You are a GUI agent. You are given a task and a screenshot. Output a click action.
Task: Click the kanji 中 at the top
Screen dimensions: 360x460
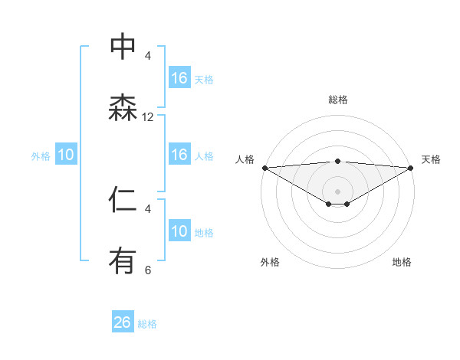[123, 46]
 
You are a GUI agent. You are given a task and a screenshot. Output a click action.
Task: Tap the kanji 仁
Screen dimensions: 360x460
[123, 200]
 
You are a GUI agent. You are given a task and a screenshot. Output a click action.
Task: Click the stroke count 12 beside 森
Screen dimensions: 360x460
[148, 117]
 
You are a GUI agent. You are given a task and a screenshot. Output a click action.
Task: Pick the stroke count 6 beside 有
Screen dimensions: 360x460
[148, 270]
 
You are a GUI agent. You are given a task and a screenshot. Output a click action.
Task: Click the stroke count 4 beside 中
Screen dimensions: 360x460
[148, 55]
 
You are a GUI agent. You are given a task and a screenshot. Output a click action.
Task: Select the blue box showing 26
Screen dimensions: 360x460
[123, 322]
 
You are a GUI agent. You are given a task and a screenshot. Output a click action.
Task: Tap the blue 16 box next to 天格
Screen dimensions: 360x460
[179, 77]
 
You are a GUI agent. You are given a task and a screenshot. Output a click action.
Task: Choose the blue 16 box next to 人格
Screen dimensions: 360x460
[179, 155]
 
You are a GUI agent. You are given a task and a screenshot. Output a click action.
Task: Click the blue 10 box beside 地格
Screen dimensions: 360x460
[179, 231]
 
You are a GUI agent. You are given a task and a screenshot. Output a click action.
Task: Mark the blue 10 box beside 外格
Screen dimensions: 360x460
[66, 155]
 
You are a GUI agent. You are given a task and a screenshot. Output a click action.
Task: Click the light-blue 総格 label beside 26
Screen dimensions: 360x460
[147, 324]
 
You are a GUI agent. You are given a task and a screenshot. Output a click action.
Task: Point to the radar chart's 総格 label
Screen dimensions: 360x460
[338, 100]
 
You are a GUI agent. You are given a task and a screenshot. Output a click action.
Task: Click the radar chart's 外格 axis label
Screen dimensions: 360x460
[270, 263]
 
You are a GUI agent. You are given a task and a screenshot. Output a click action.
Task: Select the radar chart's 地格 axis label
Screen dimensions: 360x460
[402, 263]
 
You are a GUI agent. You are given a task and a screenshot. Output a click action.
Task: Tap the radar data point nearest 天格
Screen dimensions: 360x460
[412, 168]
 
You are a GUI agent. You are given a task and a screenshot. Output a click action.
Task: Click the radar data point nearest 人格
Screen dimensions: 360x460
[264, 168]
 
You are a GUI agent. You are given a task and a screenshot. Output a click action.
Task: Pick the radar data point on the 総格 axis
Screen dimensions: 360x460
[338, 161]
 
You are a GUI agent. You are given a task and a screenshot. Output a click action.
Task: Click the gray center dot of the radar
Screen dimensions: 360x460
[338, 191]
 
